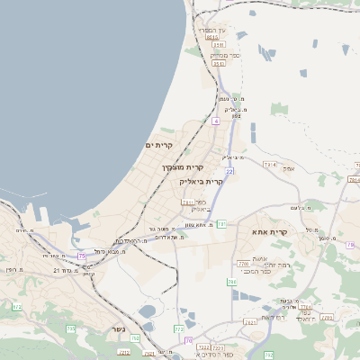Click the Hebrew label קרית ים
[158, 144]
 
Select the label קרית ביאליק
[199, 181]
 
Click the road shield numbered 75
[82, 256]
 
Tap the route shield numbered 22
[229, 170]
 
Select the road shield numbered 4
[216, 120]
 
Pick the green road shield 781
[221, 211]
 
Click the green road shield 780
[231, 282]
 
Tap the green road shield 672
[16, 307]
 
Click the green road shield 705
[189, 340]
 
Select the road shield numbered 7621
[188, 202]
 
